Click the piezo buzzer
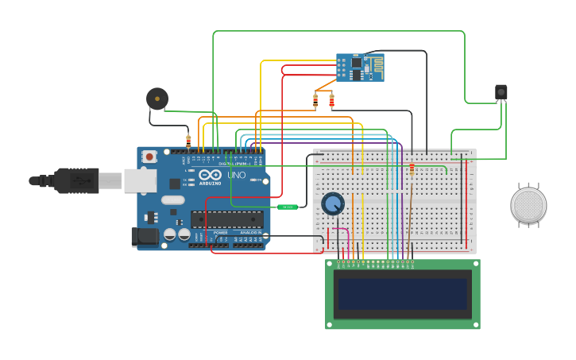157,99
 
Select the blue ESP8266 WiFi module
360,68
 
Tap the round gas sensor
528,205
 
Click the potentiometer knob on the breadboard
332,204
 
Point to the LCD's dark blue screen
402,293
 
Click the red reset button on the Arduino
149,157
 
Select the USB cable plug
75,180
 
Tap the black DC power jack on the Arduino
143,236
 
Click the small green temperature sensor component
288,207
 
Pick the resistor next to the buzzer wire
188,141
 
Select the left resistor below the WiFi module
315,100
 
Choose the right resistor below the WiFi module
331,100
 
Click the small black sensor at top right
501,92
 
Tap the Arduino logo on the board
211,175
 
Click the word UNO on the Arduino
237,175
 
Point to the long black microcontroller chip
226,219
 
